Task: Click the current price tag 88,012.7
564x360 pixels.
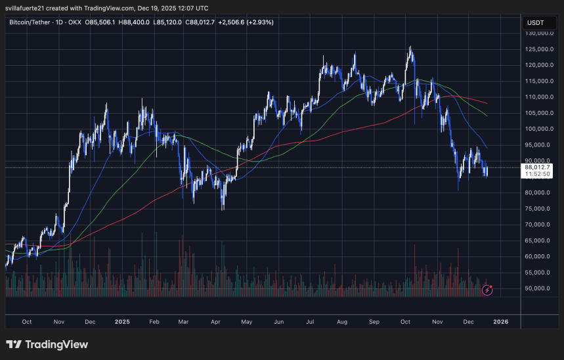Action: [x=538, y=168]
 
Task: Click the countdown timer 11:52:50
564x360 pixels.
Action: [x=538, y=175]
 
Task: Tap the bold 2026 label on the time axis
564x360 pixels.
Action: [x=500, y=323]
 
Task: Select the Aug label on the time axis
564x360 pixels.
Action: [x=341, y=323]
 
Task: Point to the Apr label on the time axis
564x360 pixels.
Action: [x=215, y=323]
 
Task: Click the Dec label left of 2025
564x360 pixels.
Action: [x=90, y=323]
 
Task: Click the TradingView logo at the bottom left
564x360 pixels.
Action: [x=47, y=344]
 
